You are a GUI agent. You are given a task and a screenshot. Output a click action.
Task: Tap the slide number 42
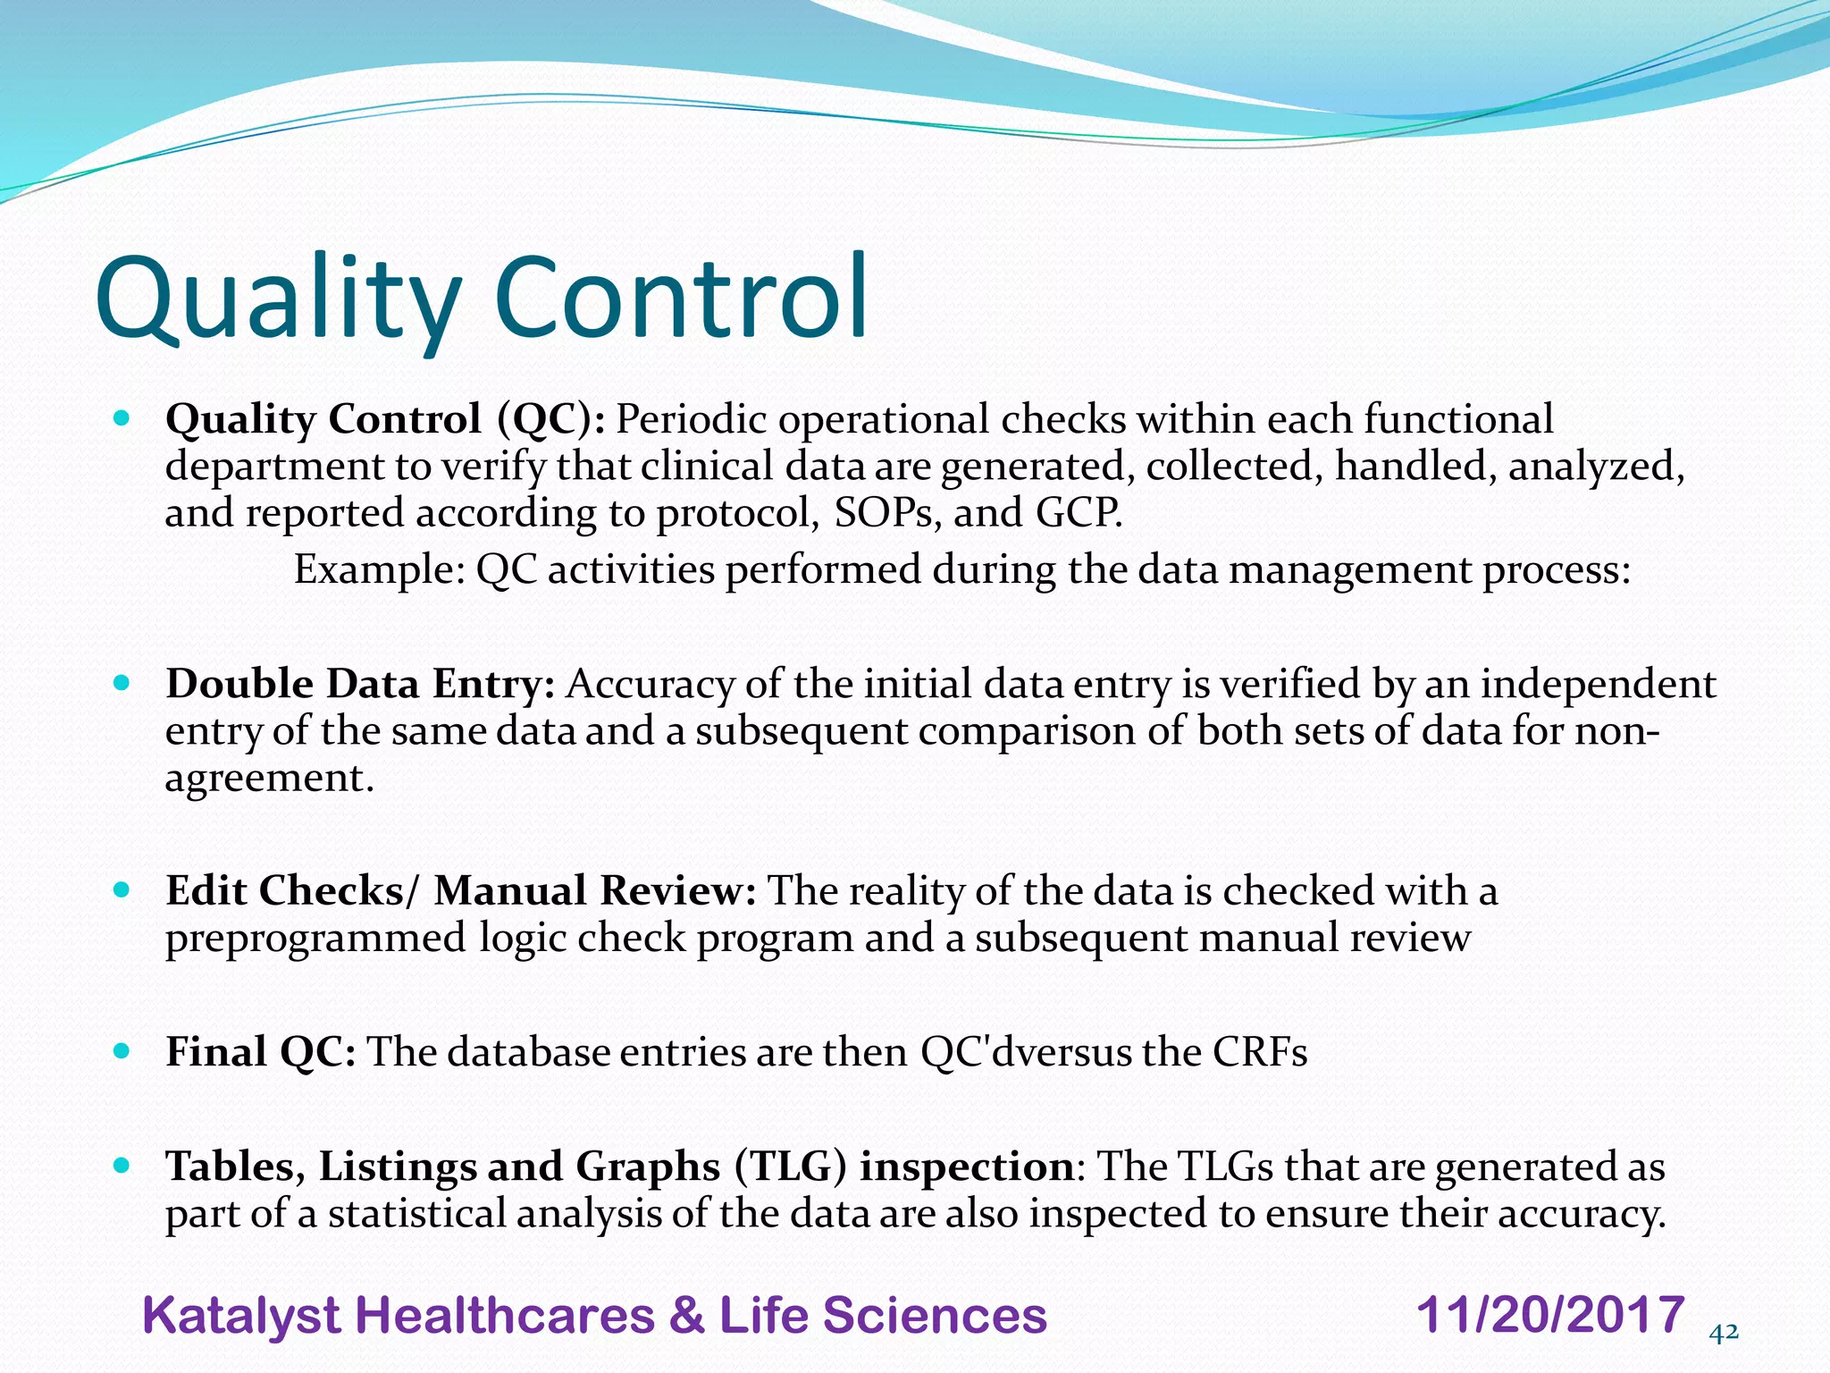(x=1723, y=1333)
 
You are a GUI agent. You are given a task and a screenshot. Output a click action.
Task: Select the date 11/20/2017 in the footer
(x=1550, y=1315)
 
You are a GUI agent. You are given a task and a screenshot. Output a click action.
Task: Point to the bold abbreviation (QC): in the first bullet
(x=550, y=419)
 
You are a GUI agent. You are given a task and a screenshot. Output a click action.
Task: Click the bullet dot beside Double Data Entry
(x=122, y=684)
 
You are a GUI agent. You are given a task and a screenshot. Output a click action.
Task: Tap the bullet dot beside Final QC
(x=122, y=1051)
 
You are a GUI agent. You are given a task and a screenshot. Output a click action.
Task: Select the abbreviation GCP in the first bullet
(x=1079, y=513)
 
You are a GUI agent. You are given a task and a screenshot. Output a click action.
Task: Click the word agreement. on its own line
(x=269, y=779)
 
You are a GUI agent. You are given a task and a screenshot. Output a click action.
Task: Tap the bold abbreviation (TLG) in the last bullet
(x=790, y=1167)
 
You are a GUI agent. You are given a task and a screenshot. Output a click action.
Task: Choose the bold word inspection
(x=966, y=1167)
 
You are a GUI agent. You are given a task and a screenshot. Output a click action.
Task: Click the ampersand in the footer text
(x=685, y=1317)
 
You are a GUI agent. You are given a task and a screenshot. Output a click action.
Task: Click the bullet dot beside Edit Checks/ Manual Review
(x=122, y=890)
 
